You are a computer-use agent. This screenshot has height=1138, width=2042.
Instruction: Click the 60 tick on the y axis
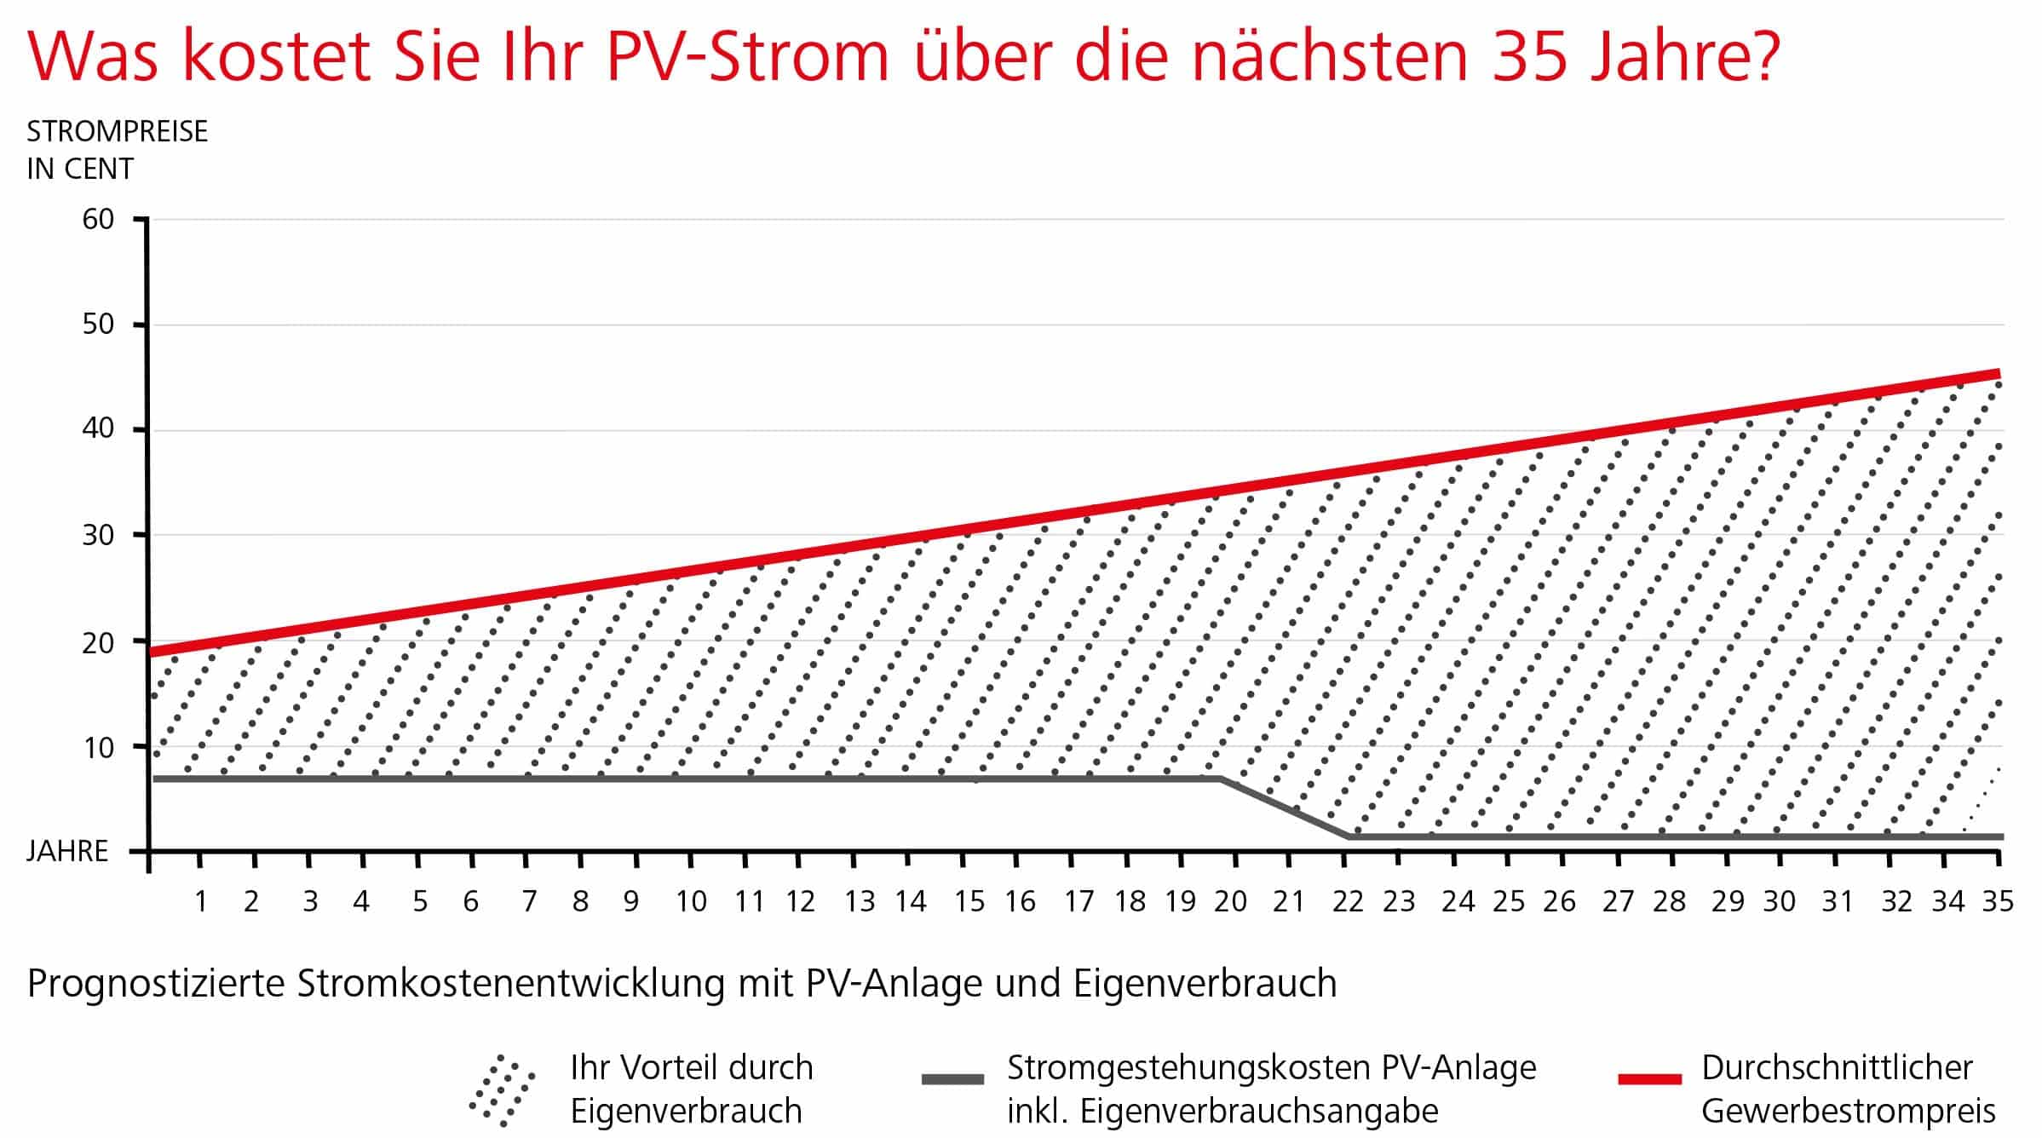[98, 220]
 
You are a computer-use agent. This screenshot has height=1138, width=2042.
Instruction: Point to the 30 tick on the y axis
[98, 536]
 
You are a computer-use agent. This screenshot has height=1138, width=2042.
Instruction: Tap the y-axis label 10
[98, 748]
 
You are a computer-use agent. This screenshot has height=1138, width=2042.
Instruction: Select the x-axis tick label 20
[1230, 901]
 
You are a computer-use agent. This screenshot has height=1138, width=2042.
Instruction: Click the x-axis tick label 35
[1998, 901]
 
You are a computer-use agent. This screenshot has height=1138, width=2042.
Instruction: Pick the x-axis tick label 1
[201, 901]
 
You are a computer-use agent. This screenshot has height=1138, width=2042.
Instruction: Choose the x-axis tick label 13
[860, 901]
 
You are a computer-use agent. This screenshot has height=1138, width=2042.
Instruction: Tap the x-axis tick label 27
[1618, 901]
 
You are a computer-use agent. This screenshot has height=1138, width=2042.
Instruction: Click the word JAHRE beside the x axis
[67, 851]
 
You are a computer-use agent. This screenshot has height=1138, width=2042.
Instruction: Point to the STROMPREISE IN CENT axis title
[117, 150]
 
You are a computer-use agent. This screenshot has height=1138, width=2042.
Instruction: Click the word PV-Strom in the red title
[747, 56]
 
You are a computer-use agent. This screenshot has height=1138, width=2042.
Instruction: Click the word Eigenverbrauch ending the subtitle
[1205, 985]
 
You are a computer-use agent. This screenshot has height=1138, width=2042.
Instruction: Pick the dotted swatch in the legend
[503, 1089]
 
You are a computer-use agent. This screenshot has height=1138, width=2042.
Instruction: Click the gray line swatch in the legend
[952, 1079]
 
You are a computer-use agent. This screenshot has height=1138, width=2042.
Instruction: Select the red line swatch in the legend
[1649, 1079]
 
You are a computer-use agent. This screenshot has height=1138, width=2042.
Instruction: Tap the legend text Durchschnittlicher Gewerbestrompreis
[1848, 1089]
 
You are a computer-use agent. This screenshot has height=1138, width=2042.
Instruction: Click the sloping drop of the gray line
[1285, 808]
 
